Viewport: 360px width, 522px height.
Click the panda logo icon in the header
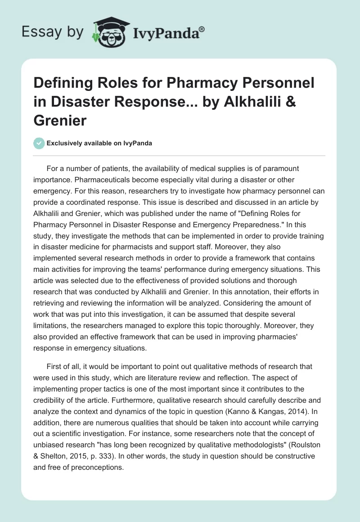(109, 31)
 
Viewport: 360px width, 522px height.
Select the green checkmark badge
(39, 143)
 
